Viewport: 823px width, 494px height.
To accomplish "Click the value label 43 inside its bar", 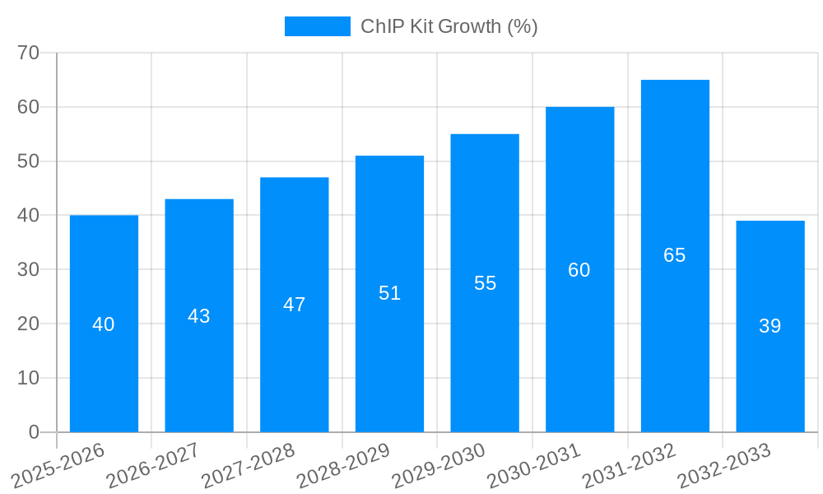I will (199, 316).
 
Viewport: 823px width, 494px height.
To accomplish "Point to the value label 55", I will (485, 283).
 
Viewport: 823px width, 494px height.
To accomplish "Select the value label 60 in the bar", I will (579, 270).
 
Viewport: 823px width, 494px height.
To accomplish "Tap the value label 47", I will (295, 305).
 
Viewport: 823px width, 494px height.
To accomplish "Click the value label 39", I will (770, 326).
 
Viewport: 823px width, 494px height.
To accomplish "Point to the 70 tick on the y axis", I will (29, 53).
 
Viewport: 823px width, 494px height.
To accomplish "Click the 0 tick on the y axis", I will (34, 432).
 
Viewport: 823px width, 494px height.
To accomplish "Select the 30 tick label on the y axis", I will (29, 269).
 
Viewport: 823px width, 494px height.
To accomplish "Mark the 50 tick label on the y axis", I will (29, 161).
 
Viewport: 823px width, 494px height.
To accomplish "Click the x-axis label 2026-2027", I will (153, 466).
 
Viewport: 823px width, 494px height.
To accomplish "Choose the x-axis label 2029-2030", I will (439, 466).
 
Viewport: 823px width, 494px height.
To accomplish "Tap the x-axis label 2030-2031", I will (534, 466).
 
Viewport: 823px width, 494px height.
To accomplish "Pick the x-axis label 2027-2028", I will (249, 466).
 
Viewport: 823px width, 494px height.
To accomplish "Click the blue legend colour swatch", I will (317, 26).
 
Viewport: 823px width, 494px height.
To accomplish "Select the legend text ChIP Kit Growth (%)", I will (449, 26).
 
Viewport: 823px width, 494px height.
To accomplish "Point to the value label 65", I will (675, 255).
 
